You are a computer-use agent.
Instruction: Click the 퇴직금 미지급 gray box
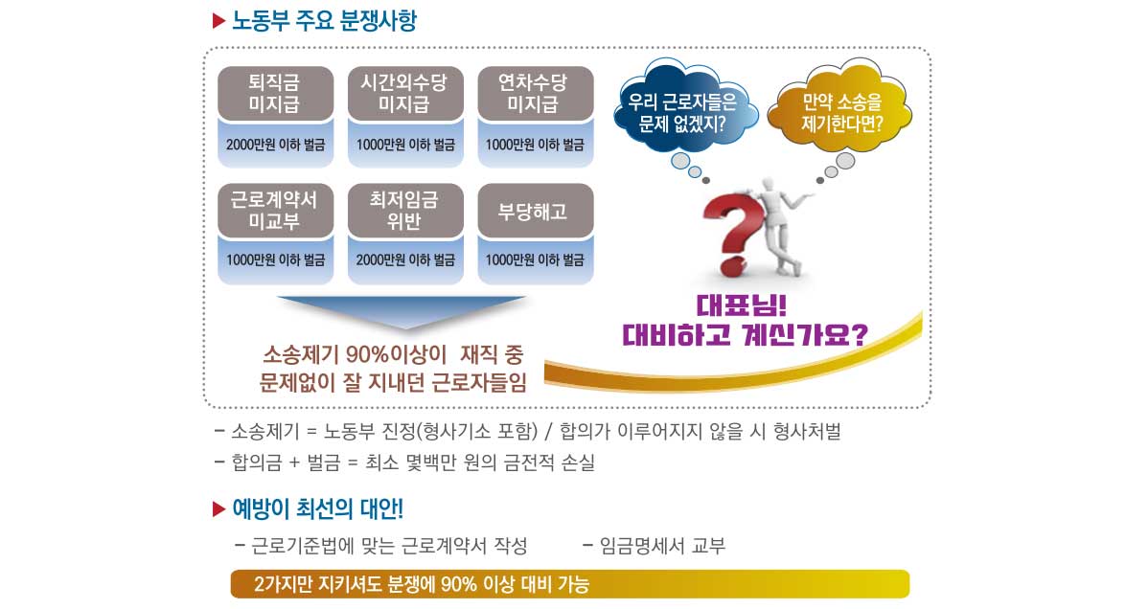click(x=276, y=93)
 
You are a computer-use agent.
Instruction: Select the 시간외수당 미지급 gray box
click(x=405, y=93)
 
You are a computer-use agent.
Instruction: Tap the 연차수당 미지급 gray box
click(x=536, y=93)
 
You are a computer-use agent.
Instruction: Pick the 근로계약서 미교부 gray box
click(x=276, y=210)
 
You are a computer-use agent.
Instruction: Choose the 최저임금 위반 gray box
click(x=405, y=210)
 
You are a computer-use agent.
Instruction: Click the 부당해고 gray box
click(x=536, y=210)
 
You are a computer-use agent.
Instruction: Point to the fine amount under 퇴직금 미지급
click(x=276, y=145)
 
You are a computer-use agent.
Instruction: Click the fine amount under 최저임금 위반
click(x=405, y=260)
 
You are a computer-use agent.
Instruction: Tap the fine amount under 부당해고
click(x=535, y=260)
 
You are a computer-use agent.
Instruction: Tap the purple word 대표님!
click(x=742, y=305)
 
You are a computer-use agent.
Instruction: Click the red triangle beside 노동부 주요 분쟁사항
click(x=219, y=21)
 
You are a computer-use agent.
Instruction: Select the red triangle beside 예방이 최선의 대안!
click(x=219, y=510)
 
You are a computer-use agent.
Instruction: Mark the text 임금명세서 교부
click(x=662, y=546)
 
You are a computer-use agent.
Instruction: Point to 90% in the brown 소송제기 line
click(x=367, y=354)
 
